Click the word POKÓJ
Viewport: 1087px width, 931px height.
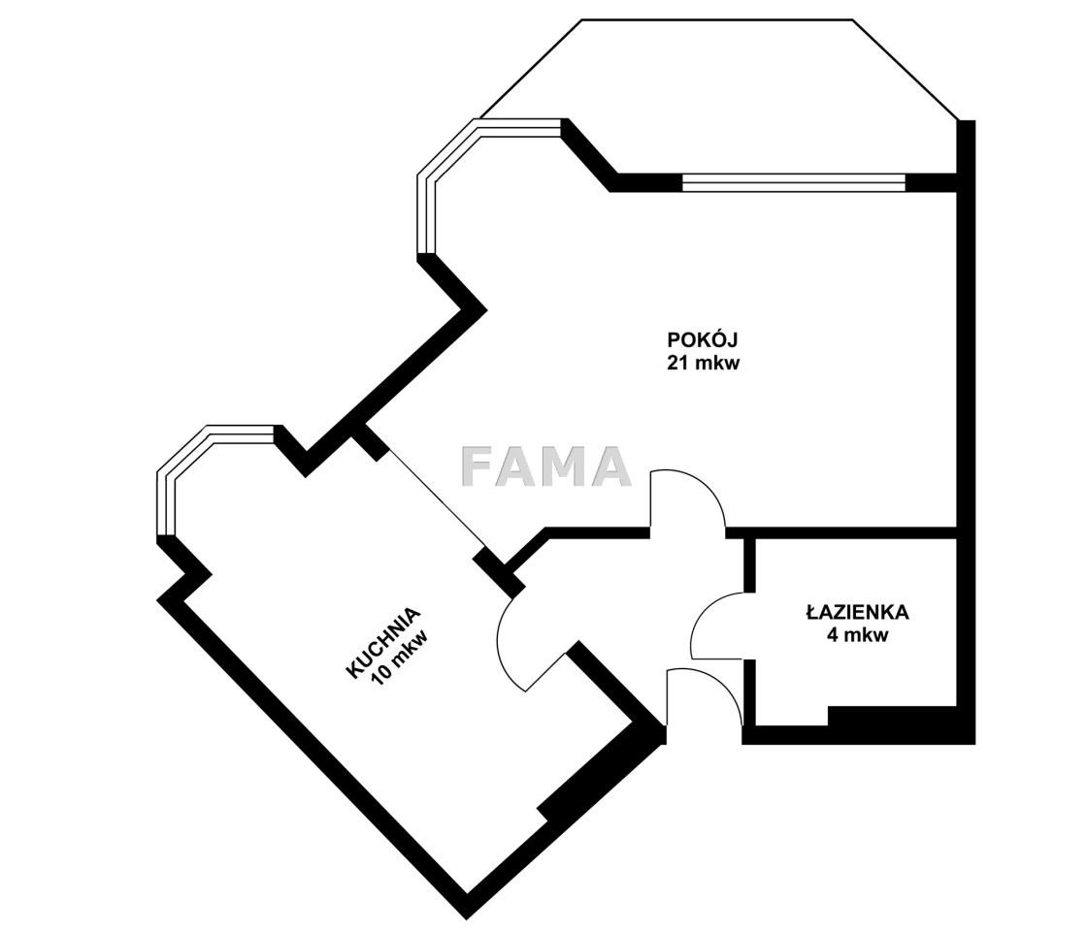click(703, 339)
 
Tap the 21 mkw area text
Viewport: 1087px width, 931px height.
click(703, 363)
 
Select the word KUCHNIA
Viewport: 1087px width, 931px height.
click(383, 644)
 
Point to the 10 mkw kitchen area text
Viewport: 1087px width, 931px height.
click(400, 657)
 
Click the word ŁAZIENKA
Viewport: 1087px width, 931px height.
click(858, 612)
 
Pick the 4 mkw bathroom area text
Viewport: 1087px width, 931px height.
click(858, 634)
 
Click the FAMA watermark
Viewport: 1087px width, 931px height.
click(546, 466)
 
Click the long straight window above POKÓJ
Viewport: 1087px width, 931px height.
click(794, 181)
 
